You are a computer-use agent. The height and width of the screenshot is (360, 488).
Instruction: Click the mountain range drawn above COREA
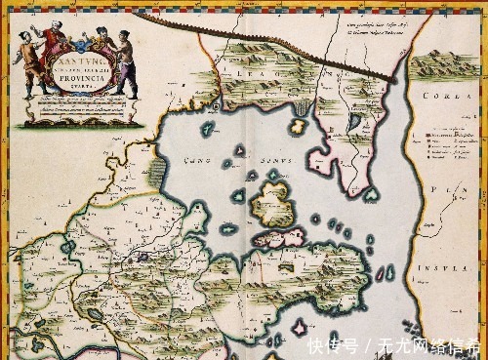tap(444, 66)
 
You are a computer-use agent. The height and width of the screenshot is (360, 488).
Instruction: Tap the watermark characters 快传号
tap(333, 346)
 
